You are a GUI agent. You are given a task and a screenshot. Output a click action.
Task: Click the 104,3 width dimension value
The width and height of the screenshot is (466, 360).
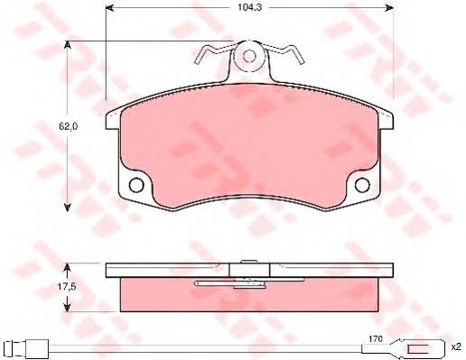coord(246,7)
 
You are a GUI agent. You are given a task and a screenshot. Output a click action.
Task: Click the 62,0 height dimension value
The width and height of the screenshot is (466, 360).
coord(69,127)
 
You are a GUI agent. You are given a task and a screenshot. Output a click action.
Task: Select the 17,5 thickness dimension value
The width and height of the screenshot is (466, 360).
coord(67,287)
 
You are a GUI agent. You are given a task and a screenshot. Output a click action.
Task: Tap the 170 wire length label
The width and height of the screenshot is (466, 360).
coord(376,339)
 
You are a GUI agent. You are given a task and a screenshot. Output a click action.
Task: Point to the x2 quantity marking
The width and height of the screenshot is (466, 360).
coord(456,347)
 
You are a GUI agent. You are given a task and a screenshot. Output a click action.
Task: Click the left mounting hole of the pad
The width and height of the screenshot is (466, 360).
coord(136,185)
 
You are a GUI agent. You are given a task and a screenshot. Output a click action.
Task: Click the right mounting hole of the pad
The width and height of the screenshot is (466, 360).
coord(362,185)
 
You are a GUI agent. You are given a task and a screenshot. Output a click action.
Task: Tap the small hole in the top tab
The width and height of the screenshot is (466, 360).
coord(249,56)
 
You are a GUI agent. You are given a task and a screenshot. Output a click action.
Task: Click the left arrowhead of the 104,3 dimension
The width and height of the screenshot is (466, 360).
coord(109,8)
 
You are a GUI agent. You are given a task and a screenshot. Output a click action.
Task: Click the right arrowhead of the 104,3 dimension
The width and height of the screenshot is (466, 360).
coord(389,8)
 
